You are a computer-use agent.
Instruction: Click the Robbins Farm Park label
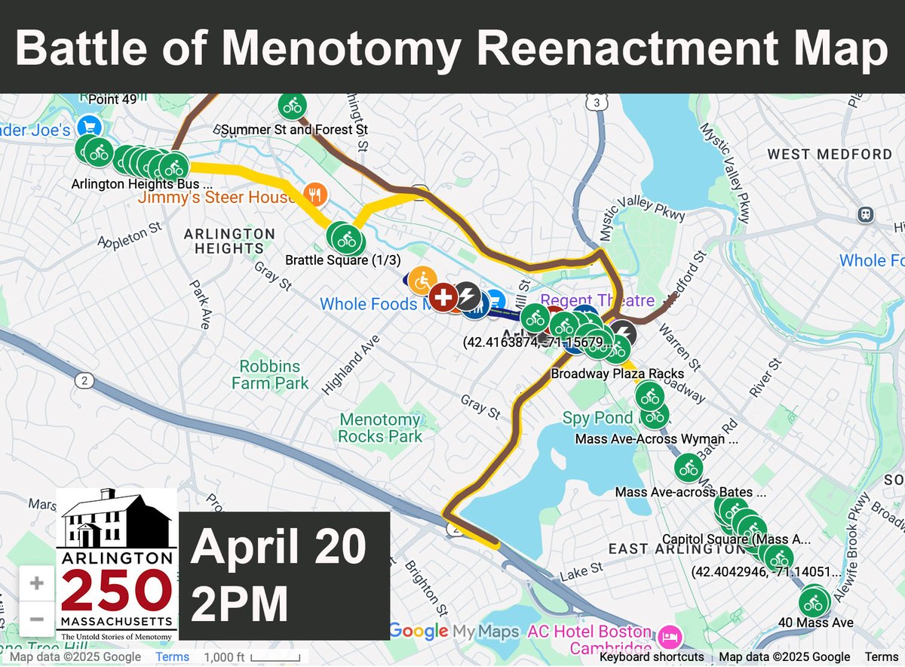[270, 375]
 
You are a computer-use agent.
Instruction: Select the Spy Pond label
[597, 418]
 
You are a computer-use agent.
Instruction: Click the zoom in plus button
[37, 583]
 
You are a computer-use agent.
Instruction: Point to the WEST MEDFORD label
[830, 155]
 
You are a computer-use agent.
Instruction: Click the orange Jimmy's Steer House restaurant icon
[315, 195]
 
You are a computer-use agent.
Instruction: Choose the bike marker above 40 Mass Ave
[813, 603]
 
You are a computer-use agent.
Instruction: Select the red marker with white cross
[443, 297]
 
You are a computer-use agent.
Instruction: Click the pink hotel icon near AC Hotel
[669, 637]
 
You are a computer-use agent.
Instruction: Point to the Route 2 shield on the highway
[84, 382]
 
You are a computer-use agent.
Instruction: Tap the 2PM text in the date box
[239, 604]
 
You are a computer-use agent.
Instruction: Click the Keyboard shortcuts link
[652, 657]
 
